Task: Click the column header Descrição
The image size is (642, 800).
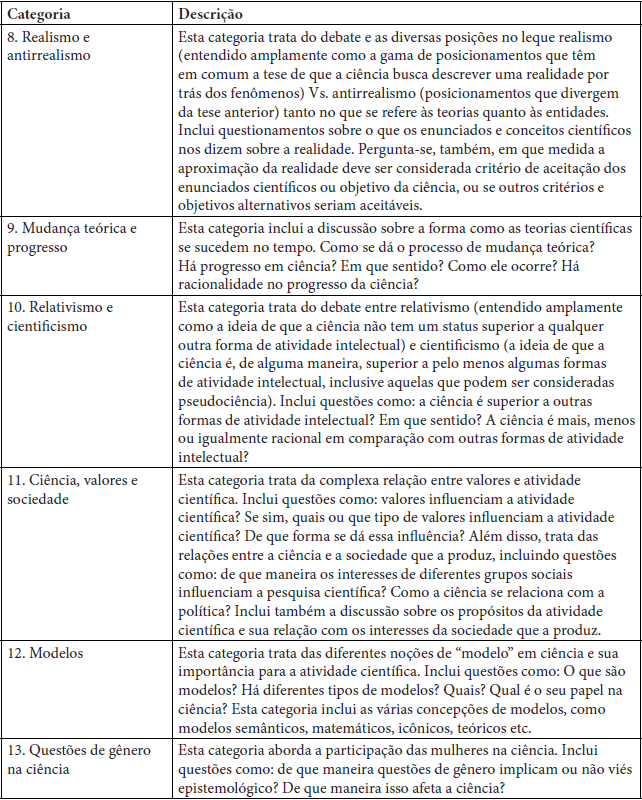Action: click(213, 15)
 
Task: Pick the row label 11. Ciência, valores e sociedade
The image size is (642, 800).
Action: click(71, 490)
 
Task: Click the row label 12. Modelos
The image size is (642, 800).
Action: click(46, 653)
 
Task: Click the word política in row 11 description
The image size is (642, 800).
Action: click(207, 611)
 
